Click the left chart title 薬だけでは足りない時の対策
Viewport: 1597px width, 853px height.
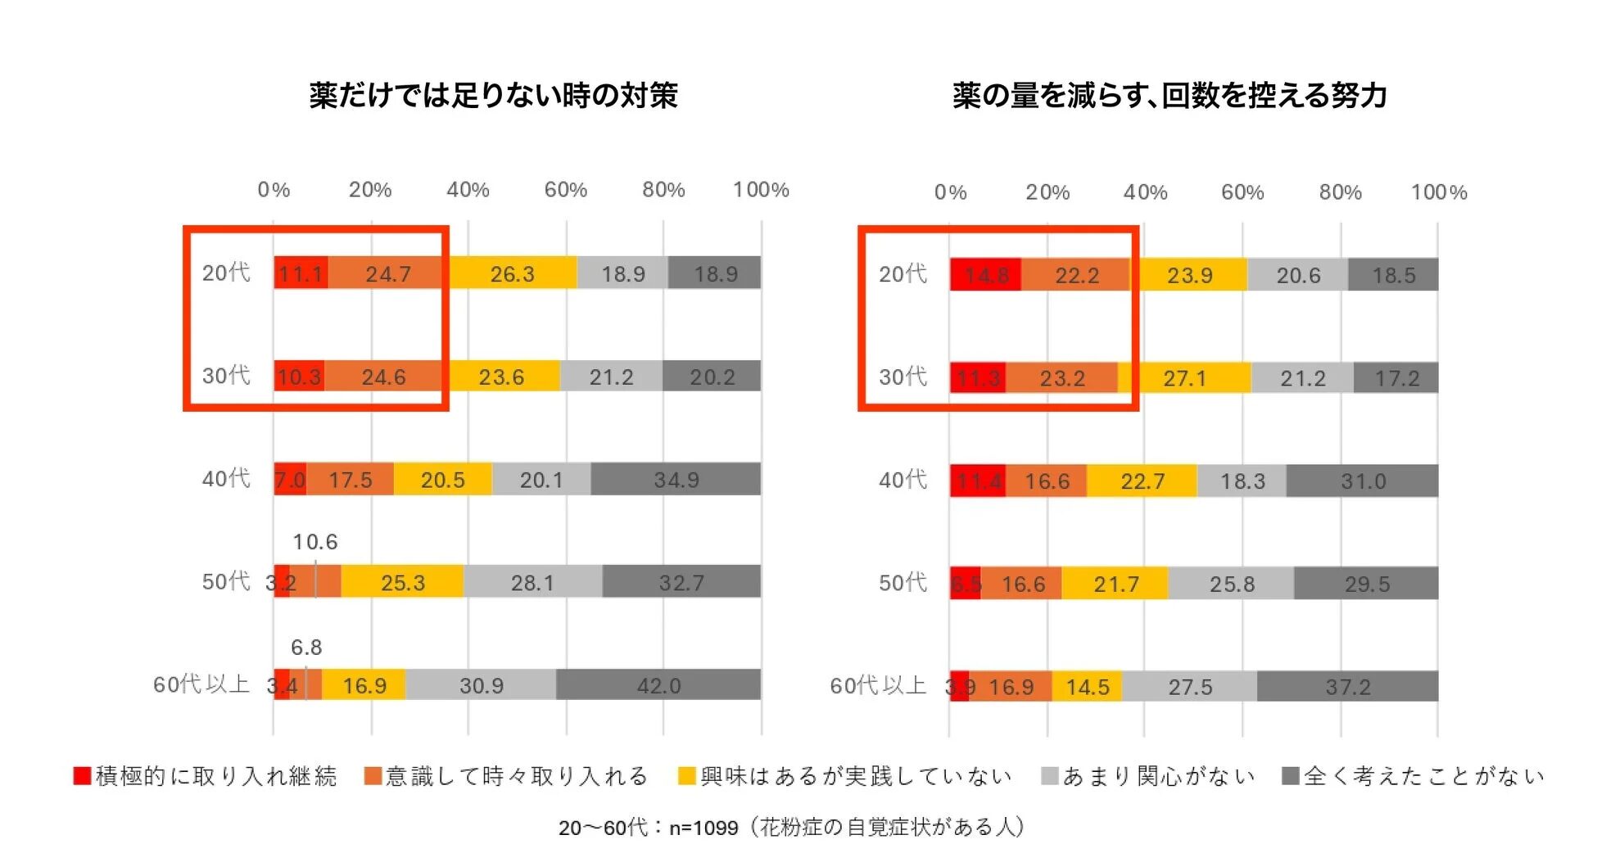click(x=493, y=96)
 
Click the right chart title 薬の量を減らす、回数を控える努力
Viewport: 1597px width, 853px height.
click(x=1169, y=96)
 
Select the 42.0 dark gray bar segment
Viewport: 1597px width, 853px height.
click(x=658, y=685)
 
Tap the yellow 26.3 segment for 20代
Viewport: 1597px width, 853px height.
click(x=512, y=273)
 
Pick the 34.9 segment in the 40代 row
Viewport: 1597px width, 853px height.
click(x=676, y=480)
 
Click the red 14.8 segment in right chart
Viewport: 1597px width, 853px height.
click(x=985, y=275)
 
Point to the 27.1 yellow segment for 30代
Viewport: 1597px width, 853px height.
click(x=1184, y=378)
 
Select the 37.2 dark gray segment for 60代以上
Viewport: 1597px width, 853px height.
click(x=1347, y=687)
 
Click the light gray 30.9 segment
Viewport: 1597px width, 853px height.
click(x=481, y=685)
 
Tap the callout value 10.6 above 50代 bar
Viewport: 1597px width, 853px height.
click(x=315, y=542)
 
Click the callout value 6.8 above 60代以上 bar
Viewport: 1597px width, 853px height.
click(x=306, y=648)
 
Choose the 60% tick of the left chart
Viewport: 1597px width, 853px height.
click(x=566, y=190)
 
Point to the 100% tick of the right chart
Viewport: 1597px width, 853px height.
click(x=1438, y=192)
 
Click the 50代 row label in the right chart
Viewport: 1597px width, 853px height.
click(x=903, y=583)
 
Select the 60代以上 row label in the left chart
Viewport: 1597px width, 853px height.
click(x=201, y=684)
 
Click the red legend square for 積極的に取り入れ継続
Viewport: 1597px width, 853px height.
click(x=82, y=775)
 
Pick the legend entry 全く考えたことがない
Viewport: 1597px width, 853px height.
click(x=1423, y=776)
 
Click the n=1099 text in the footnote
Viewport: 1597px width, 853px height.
click(x=703, y=828)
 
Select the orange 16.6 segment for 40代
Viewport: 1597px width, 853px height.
click(x=1047, y=481)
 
